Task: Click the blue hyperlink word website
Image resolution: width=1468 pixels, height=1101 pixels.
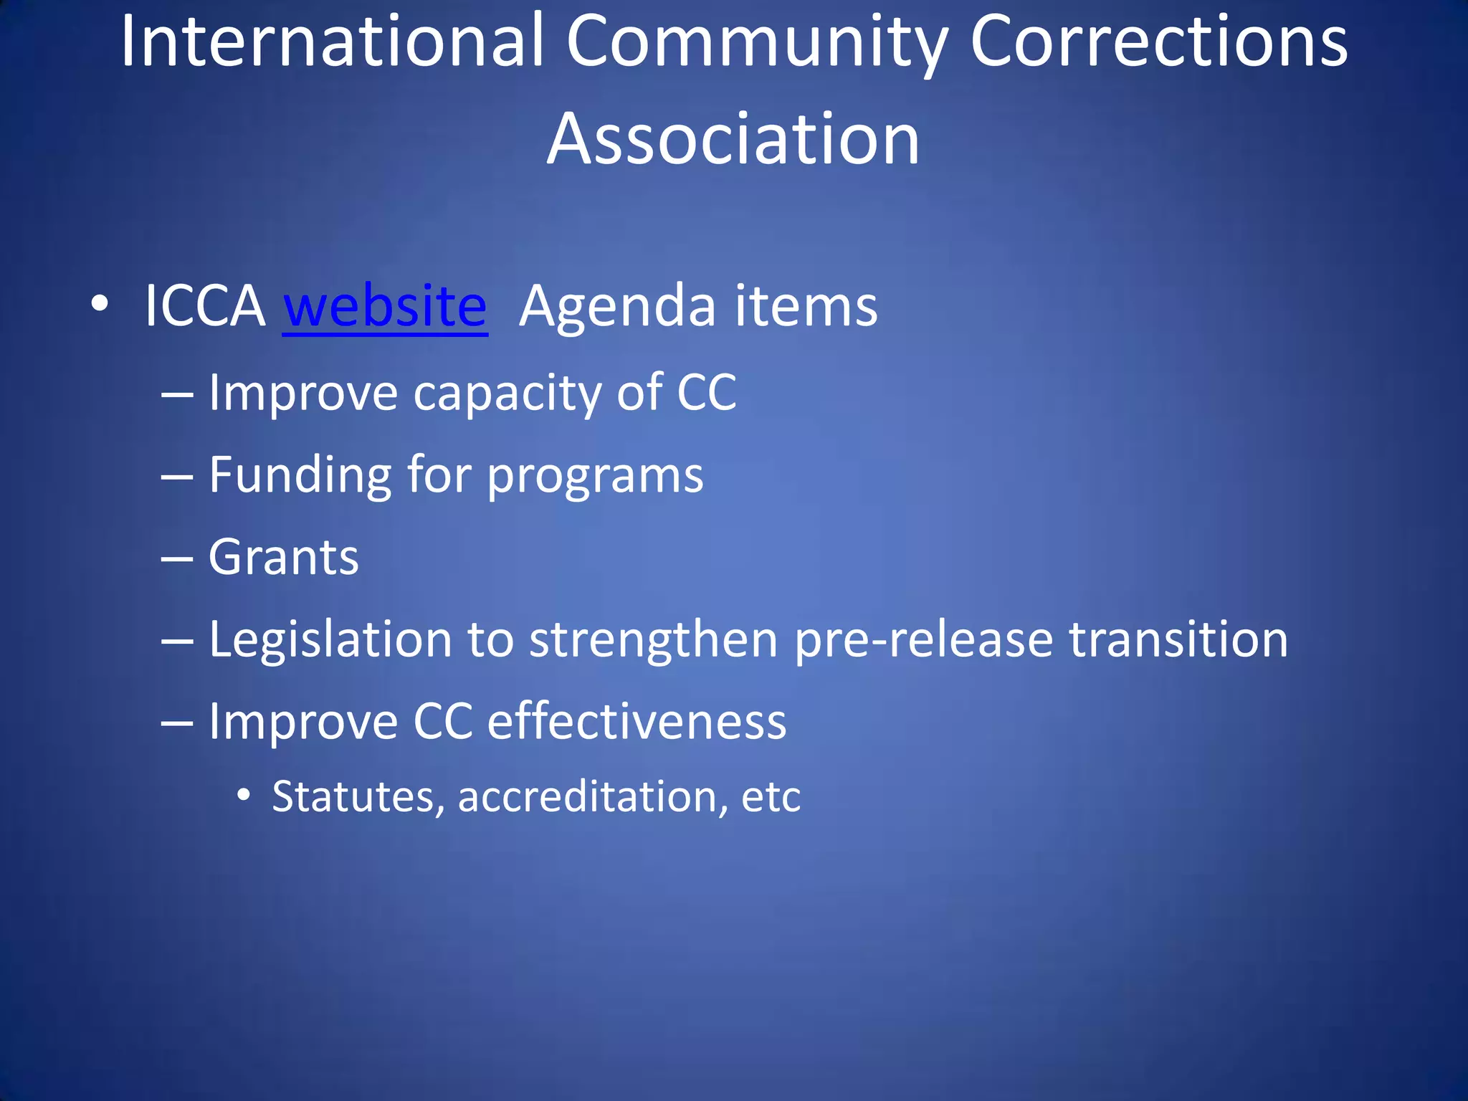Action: (x=385, y=307)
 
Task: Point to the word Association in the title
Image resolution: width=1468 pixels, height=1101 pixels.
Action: (x=733, y=139)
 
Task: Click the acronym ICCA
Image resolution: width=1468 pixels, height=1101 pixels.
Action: (x=205, y=307)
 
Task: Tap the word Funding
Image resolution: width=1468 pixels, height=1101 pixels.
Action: (x=300, y=476)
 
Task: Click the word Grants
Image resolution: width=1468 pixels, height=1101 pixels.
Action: (x=284, y=558)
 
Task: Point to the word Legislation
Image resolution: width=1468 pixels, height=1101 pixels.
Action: (x=330, y=641)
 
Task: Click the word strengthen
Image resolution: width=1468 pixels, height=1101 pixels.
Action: (x=653, y=641)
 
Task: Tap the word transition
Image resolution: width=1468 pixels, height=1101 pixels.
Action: (x=1178, y=639)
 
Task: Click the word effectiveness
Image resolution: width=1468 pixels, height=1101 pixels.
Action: (x=637, y=721)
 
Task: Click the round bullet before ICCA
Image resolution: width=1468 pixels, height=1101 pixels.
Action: (x=100, y=304)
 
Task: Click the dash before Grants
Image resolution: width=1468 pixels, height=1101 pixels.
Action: (x=177, y=558)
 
